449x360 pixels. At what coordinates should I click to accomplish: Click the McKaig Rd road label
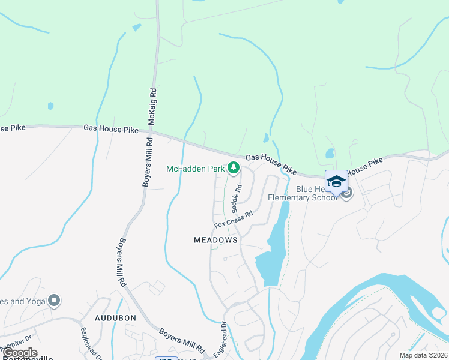[x=152, y=107]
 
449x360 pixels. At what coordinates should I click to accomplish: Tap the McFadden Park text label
[x=195, y=169]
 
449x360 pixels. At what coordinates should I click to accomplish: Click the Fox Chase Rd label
[x=234, y=219]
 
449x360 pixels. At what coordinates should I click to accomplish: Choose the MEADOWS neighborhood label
[x=216, y=239]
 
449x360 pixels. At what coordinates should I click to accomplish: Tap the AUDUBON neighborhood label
[x=116, y=317]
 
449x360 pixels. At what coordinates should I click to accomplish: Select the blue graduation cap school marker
[x=336, y=181]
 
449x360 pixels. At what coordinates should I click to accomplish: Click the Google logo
[x=20, y=353]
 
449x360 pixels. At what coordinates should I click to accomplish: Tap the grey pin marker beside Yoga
[x=55, y=299]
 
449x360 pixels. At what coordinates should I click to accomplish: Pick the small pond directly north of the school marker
[x=330, y=153]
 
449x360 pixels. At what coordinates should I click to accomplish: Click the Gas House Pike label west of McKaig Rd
[x=111, y=129]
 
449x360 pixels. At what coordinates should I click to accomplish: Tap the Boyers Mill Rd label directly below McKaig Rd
[x=146, y=162]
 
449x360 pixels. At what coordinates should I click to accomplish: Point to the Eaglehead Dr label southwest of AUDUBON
[x=90, y=342]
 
